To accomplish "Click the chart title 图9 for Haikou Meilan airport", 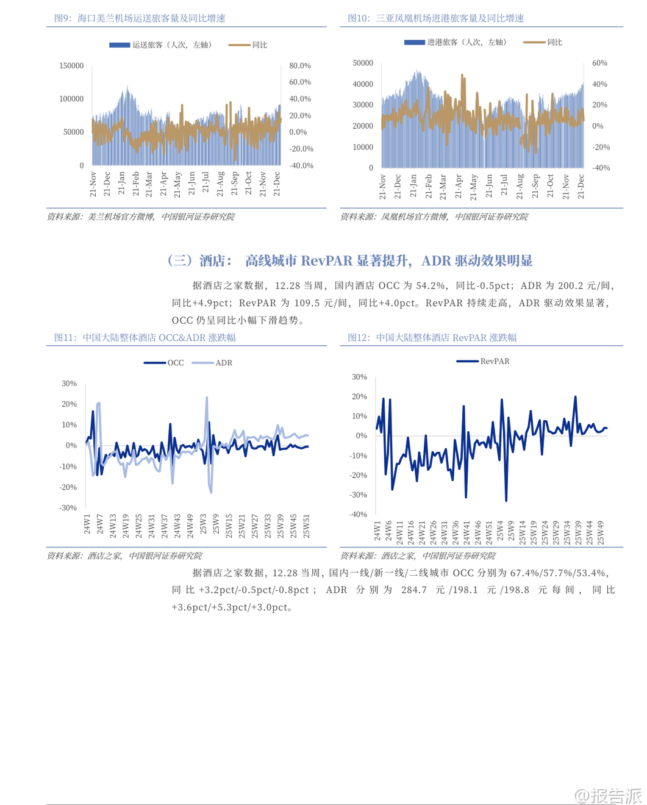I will [x=140, y=18].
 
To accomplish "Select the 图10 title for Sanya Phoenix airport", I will [x=435, y=18].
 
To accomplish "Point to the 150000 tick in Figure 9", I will [x=71, y=66].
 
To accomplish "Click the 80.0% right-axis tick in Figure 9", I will [x=300, y=66].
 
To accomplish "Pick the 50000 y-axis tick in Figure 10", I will [x=363, y=63].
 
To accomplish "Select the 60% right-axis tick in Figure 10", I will [x=599, y=63].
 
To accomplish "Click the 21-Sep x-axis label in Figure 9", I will [x=235, y=184].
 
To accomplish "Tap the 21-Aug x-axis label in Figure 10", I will [x=520, y=187].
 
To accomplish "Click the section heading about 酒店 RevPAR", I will [x=350, y=261].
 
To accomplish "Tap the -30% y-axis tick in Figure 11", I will [x=69, y=508].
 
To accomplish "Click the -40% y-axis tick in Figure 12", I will [x=358, y=514].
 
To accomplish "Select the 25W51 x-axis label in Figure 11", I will [x=307, y=526].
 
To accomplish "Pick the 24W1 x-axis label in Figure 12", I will [x=377, y=531].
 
